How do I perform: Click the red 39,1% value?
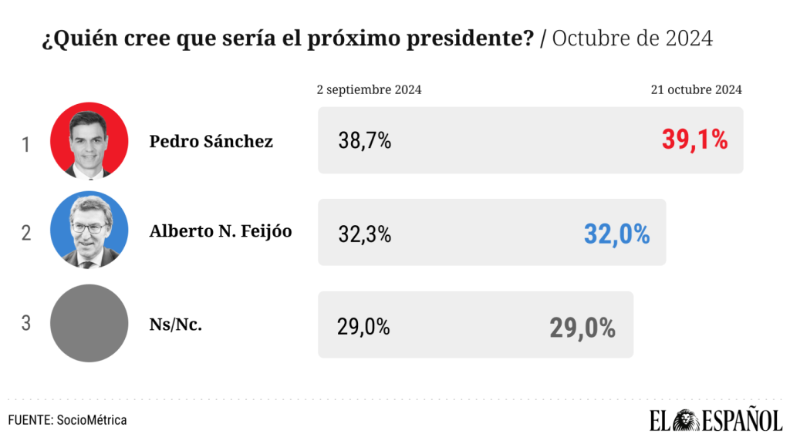(x=694, y=140)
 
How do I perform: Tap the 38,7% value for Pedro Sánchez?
(x=365, y=141)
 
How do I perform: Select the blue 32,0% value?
(x=616, y=234)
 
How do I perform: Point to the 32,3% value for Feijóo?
(x=365, y=234)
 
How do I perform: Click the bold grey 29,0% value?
(x=582, y=328)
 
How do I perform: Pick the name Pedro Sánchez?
(x=211, y=141)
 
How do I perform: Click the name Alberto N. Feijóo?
(x=220, y=230)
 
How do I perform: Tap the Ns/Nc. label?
(x=176, y=325)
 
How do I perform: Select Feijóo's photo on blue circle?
(x=89, y=230)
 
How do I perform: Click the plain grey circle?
(x=89, y=323)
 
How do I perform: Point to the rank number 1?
(x=25, y=144)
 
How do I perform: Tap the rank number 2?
(x=25, y=234)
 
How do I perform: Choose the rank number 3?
(x=25, y=323)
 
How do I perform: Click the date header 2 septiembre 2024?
(x=369, y=90)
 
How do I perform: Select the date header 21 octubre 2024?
(x=696, y=90)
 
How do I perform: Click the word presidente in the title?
(x=479, y=39)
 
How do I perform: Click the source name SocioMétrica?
(x=92, y=420)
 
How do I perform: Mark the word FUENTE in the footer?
(x=29, y=420)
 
